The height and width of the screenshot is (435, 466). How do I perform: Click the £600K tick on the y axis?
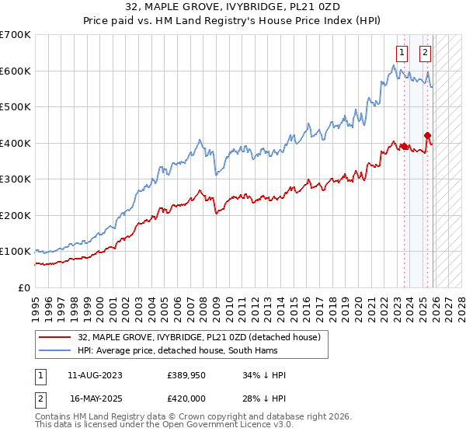click(16, 71)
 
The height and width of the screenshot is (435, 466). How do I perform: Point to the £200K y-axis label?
click(16, 215)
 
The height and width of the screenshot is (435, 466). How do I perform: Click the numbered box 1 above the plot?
click(402, 53)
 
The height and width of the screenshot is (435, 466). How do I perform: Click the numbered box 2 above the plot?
click(426, 53)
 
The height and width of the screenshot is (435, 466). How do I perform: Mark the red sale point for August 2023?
click(404, 146)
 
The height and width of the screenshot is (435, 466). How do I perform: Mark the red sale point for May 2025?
click(427, 135)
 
